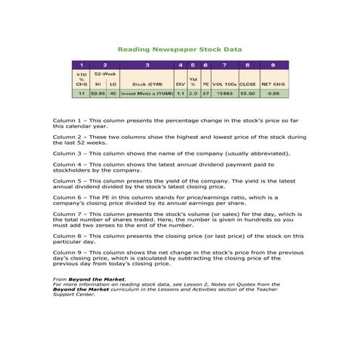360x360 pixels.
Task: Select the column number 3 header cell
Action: (148, 65)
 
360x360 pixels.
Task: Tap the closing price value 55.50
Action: (248, 93)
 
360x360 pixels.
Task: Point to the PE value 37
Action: (206, 93)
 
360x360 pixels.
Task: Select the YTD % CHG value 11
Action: (82, 93)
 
